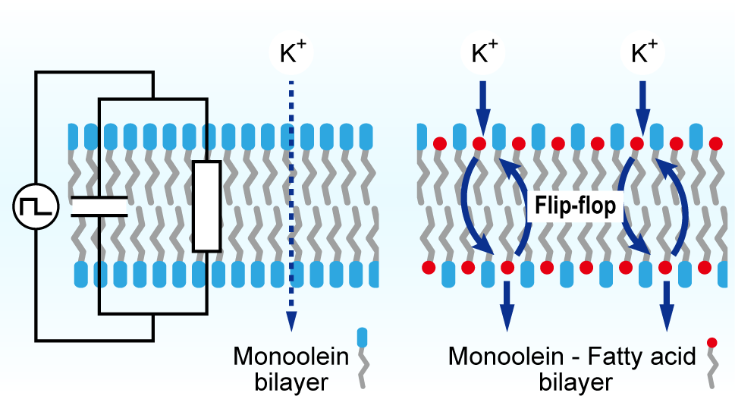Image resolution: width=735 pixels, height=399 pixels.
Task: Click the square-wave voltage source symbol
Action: pos(36,206)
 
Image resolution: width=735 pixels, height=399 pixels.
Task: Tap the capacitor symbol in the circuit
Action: pos(99,206)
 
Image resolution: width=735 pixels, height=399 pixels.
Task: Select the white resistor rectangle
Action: pos(207,206)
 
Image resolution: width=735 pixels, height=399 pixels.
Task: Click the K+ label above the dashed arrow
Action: pos(291,52)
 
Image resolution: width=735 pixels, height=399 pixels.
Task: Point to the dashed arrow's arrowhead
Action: pos(291,322)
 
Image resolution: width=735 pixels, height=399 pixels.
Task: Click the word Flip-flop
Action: pos(575,206)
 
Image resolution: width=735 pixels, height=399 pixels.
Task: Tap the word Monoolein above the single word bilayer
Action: pos(291,357)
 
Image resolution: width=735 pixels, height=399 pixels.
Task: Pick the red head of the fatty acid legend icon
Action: pos(712,343)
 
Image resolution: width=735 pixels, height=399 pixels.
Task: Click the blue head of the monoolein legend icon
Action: pos(362,338)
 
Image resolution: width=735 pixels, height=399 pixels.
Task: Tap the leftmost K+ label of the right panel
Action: pos(484,52)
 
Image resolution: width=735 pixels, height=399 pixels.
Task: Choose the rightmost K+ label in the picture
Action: pos(644,52)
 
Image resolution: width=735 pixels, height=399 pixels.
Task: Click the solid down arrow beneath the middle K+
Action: pos(483,108)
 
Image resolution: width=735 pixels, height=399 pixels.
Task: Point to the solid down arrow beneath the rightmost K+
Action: pos(642,108)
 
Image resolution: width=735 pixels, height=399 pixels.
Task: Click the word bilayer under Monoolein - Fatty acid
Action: pos(575,382)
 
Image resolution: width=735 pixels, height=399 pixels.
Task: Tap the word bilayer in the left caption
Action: pos(291,382)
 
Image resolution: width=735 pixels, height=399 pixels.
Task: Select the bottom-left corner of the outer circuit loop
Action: pos(36,340)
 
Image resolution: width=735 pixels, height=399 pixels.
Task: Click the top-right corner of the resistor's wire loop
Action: pos(207,99)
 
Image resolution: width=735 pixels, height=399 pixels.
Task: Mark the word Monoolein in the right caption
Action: pos(506,357)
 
